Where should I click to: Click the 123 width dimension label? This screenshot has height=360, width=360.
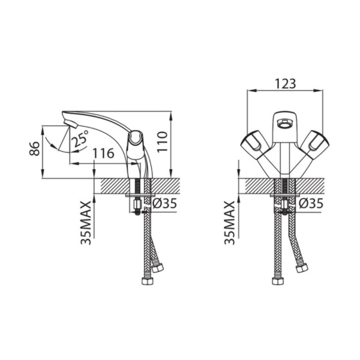[x=286, y=83]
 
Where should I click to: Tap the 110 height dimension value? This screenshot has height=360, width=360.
[x=163, y=142]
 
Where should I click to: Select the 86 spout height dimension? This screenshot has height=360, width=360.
[x=34, y=149]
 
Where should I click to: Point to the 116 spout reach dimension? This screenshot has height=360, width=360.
[x=103, y=153]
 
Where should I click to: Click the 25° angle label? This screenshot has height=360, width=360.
[x=80, y=139]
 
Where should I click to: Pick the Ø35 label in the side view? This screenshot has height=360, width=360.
[x=164, y=203]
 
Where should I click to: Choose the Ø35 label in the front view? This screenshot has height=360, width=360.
[x=311, y=203]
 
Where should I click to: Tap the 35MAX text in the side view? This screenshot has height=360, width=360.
[x=86, y=223]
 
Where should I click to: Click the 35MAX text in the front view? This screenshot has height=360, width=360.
[x=230, y=223]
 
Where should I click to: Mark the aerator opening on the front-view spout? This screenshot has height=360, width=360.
[x=284, y=123]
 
